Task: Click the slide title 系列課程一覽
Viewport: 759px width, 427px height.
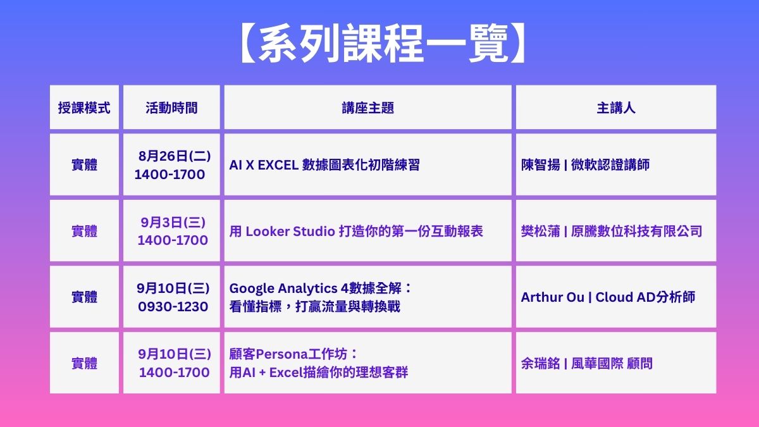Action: pyautogui.click(x=383, y=43)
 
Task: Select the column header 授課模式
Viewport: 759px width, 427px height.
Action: pyautogui.click(x=84, y=108)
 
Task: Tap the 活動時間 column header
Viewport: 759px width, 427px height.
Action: pyautogui.click(x=171, y=108)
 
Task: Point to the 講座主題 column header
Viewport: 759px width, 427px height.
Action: pyautogui.click(x=367, y=108)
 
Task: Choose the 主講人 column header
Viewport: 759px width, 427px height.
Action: pyautogui.click(x=616, y=108)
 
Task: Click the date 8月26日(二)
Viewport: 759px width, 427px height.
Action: pyautogui.click(x=175, y=156)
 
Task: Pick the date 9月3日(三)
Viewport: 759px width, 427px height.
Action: pyautogui.click(x=173, y=222)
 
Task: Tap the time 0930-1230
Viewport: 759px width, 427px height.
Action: pyautogui.click(x=173, y=307)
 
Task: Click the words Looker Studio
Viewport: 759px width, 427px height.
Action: pyautogui.click(x=290, y=232)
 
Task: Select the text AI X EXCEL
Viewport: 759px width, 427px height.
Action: pyautogui.click(x=264, y=165)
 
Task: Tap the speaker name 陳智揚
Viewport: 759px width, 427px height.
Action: pyautogui.click(x=540, y=165)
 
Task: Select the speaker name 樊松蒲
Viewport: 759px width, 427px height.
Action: pyautogui.click(x=540, y=232)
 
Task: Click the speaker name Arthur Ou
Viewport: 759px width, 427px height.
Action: pyautogui.click(x=553, y=297)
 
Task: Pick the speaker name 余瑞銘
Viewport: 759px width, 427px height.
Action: pyautogui.click(x=540, y=364)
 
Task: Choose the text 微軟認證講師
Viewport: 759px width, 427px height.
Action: pyautogui.click(x=610, y=165)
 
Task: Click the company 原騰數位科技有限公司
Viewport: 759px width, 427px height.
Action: pyautogui.click(x=637, y=232)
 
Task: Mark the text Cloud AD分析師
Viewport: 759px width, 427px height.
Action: pyautogui.click(x=645, y=297)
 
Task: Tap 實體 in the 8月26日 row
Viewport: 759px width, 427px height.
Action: pyautogui.click(x=84, y=165)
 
